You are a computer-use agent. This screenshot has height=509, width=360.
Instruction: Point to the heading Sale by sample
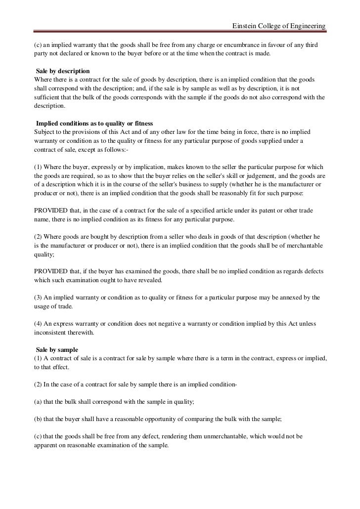(57, 349)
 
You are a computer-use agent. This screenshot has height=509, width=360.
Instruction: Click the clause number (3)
(38, 297)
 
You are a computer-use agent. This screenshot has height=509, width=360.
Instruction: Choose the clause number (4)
(38, 324)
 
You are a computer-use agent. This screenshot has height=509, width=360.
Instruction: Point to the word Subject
(44, 131)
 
